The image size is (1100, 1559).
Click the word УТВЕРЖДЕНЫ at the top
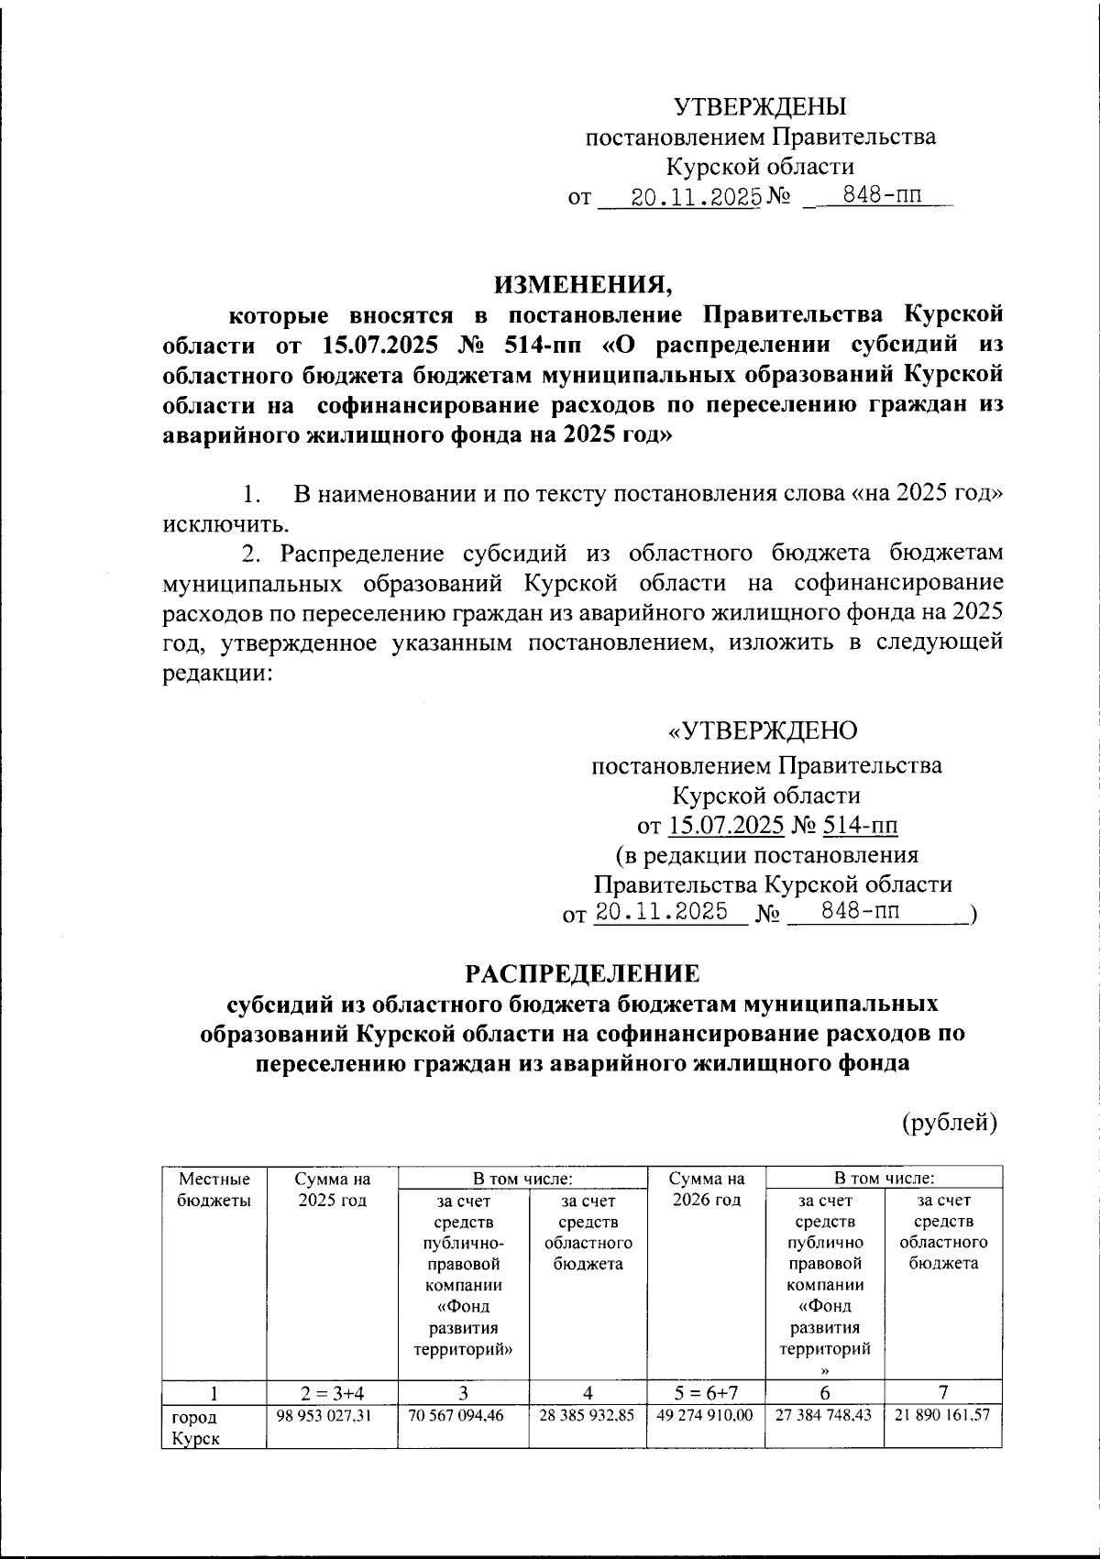pyautogui.click(x=760, y=107)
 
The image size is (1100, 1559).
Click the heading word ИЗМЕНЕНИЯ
pyautogui.click(x=585, y=283)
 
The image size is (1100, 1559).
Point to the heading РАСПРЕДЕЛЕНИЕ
pyautogui.click(x=583, y=972)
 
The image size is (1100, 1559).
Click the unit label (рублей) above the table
pyautogui.click(x=948, y=1122)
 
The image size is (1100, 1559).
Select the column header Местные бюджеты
pyautogui.click(x=214, y=1189)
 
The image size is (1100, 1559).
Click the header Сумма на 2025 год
pyautogui.click(x=332, y=1189)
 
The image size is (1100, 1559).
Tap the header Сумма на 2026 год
pyautogui.click(x=705, y=1189)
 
